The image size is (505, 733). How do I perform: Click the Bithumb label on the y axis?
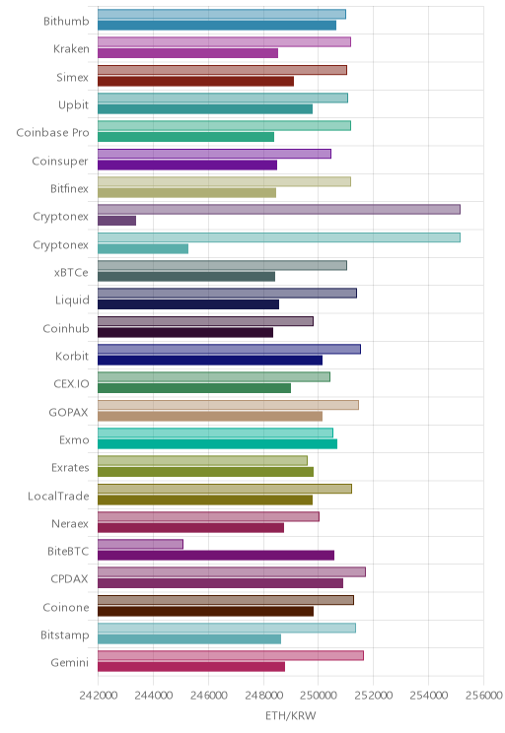(66, 21)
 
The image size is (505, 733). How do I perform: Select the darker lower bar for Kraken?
(187, 53)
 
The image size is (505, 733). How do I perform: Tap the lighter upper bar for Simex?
(222, 70)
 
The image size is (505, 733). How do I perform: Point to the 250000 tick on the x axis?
(319, 696)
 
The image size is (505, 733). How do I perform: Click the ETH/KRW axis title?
(291, 715)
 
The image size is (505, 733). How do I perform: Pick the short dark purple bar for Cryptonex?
(117, 221)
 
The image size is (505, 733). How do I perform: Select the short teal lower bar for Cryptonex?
(143, 248)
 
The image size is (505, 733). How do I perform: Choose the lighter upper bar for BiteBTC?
(140, 544)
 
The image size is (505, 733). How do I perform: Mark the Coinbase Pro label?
(52, 133)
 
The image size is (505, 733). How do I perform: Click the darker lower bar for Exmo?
(218, 443)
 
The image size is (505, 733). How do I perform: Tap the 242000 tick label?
(99, 696)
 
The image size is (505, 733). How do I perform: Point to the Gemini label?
(70, 662)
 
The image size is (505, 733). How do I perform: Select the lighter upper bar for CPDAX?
(232, 572)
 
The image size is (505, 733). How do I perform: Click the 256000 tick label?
(484, 696)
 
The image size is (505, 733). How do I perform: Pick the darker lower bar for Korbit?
(210, 360)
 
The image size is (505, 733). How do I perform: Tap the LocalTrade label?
(58, 496)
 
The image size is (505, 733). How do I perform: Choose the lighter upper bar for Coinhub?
(205, 321)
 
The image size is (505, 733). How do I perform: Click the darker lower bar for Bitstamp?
(189, 639)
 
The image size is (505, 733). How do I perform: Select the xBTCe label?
(71, 273)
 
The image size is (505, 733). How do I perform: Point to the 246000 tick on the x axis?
(208, 696)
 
